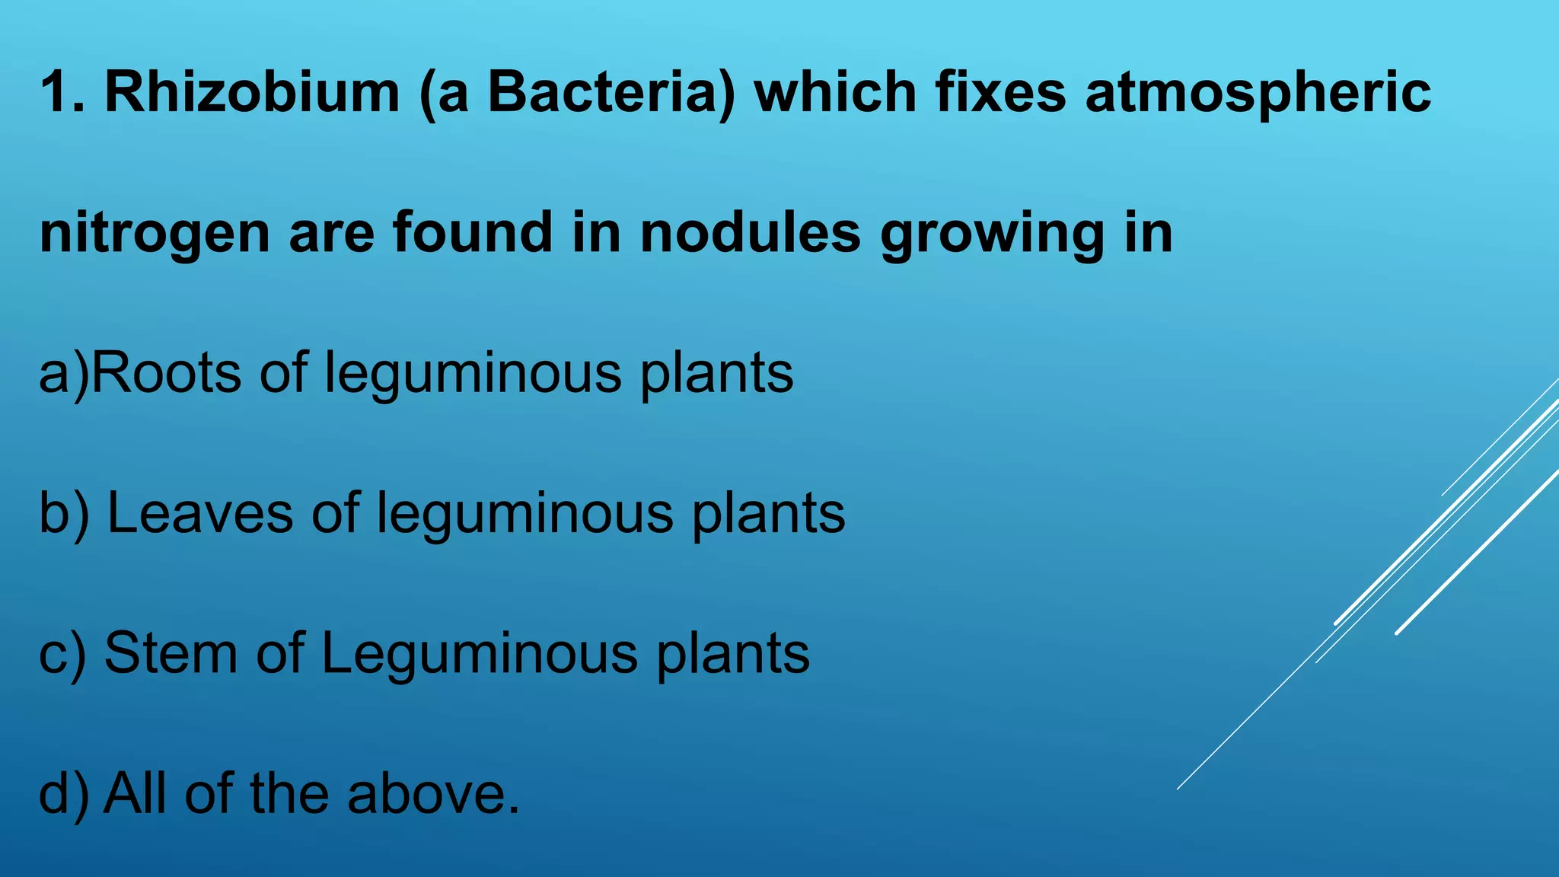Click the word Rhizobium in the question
252,92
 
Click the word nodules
751,232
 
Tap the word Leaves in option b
200,512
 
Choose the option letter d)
64,794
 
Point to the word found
473,232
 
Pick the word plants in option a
716,374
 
